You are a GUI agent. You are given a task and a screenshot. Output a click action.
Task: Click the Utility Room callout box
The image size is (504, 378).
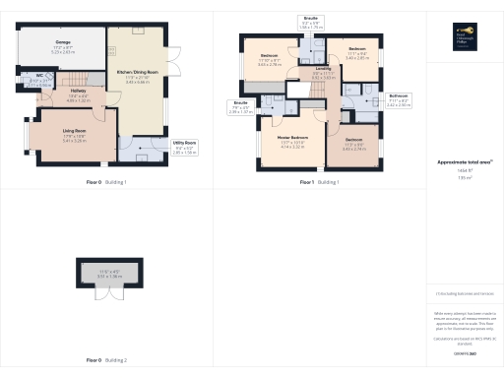tap(184, 149)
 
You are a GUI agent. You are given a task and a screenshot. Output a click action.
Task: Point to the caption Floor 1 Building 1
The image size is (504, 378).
tap(319, 183)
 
